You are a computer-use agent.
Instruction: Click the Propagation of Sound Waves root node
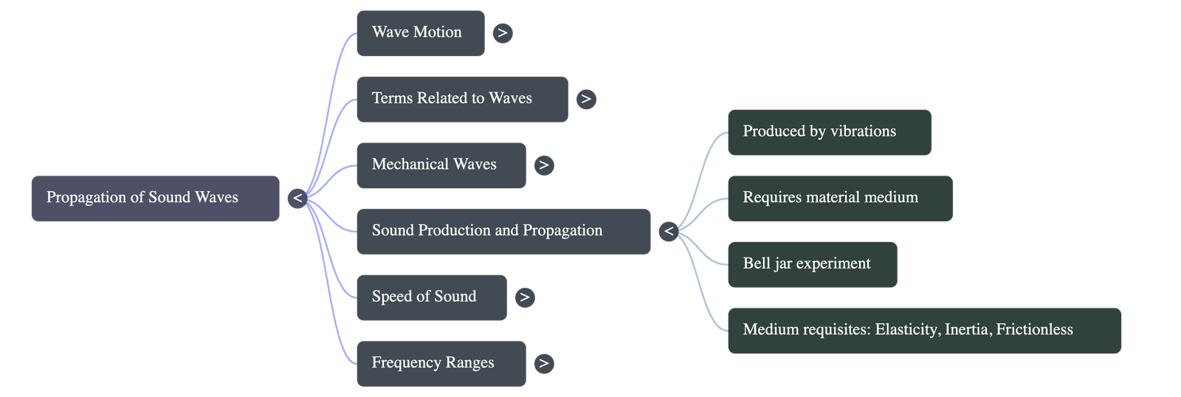155,198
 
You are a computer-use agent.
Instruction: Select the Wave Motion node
420,32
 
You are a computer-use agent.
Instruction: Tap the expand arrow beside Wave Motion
502,32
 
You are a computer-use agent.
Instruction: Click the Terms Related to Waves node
461,99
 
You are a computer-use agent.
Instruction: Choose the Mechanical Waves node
441,165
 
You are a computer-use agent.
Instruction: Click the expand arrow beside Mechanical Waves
544,165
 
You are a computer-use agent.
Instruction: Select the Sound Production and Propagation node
503,231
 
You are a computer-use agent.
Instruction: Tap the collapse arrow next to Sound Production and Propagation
668,232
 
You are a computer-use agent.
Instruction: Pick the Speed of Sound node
431,297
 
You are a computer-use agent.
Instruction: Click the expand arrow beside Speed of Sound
524,297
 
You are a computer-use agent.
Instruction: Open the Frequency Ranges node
440,363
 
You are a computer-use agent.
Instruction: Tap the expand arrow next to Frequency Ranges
543,363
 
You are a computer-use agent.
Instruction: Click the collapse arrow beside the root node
297,198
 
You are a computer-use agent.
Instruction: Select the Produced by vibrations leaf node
828,132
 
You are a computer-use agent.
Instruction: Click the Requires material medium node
839,198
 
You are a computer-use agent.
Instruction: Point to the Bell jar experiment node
812,264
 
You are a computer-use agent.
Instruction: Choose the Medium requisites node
923,330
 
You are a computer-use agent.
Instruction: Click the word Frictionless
1034,330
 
